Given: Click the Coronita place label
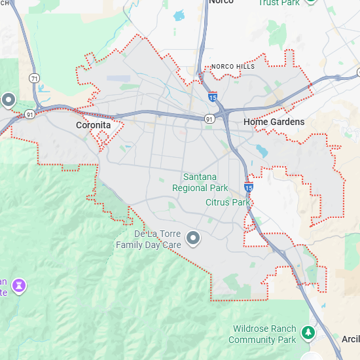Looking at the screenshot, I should pos(93,125).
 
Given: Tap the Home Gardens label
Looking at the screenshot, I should pos(274,122).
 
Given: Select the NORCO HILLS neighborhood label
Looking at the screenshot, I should pos(233,67).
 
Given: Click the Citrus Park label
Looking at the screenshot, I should pos(227,202).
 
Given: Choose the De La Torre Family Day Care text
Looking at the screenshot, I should pos(148,240).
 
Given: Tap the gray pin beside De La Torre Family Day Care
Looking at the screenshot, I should pos(193,239).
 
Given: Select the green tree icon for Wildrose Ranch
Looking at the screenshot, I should pos(308,334).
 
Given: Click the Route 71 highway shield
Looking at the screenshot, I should pos(35,78).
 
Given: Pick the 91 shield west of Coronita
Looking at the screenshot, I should pos(31,114).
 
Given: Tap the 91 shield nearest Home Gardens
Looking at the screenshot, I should pos(208,119).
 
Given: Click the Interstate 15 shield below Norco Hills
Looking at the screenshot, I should pos(213,97).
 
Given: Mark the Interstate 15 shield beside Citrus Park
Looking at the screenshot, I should pos(249,187).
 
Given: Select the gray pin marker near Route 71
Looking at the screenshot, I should pos(9,100).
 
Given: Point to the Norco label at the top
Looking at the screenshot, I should pos(221,2).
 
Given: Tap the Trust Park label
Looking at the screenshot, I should pos(278,3).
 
